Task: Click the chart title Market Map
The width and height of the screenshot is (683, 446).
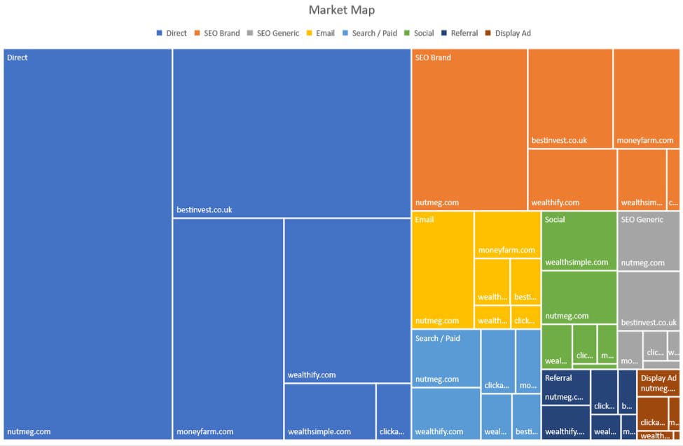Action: click(341, 11)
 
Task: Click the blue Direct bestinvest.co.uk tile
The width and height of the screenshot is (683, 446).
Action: click(291, 133)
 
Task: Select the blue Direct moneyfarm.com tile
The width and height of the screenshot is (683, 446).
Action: click(228, 328)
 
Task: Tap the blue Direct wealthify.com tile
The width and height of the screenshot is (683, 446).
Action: click(347, 300)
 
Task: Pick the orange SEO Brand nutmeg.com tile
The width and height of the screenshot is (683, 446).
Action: click(469, 130)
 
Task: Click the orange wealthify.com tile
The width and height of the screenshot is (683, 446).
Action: click(572, 179)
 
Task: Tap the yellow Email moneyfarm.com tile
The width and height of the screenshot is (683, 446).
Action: click(507, 235)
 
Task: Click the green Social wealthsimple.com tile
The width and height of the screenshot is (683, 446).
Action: click(579, 241)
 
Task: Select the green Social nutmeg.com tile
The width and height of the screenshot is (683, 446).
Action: click(579, 298)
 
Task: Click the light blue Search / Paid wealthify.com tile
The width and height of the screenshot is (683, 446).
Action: click(445, 413)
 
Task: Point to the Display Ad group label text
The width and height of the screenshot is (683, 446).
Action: click(658, 377)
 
